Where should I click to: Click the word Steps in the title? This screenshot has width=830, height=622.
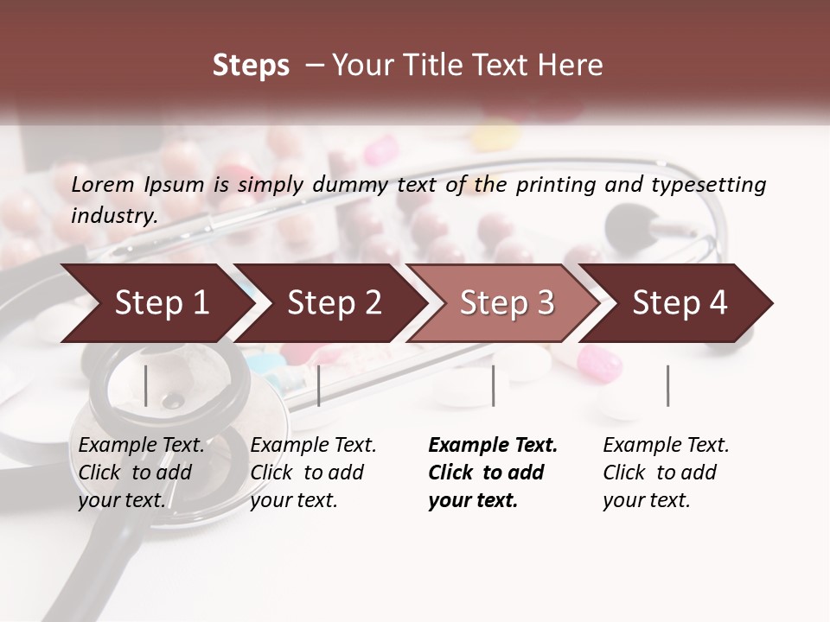pos(251,66)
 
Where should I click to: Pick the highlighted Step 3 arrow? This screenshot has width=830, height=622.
pos(507,303)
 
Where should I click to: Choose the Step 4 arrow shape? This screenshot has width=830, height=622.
pos(680,303)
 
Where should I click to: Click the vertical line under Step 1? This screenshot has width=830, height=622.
pos(146,385)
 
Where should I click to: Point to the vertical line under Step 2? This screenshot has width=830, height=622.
pos(319,385)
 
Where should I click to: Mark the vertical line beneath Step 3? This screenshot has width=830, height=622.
pos(493,385)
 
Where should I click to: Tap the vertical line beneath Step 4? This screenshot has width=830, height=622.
pos(667,385)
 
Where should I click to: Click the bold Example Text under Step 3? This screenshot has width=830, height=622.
pos(493,446)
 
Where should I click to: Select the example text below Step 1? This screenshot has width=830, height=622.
pos(141,473)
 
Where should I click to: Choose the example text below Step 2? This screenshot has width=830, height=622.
pos(313,473)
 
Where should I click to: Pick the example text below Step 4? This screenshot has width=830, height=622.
pos(666,473)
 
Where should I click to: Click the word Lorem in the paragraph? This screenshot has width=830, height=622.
pos(103,185)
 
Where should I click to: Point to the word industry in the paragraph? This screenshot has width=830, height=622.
pos(114,216)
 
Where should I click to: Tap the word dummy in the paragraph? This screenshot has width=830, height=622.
pos(350,185)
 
